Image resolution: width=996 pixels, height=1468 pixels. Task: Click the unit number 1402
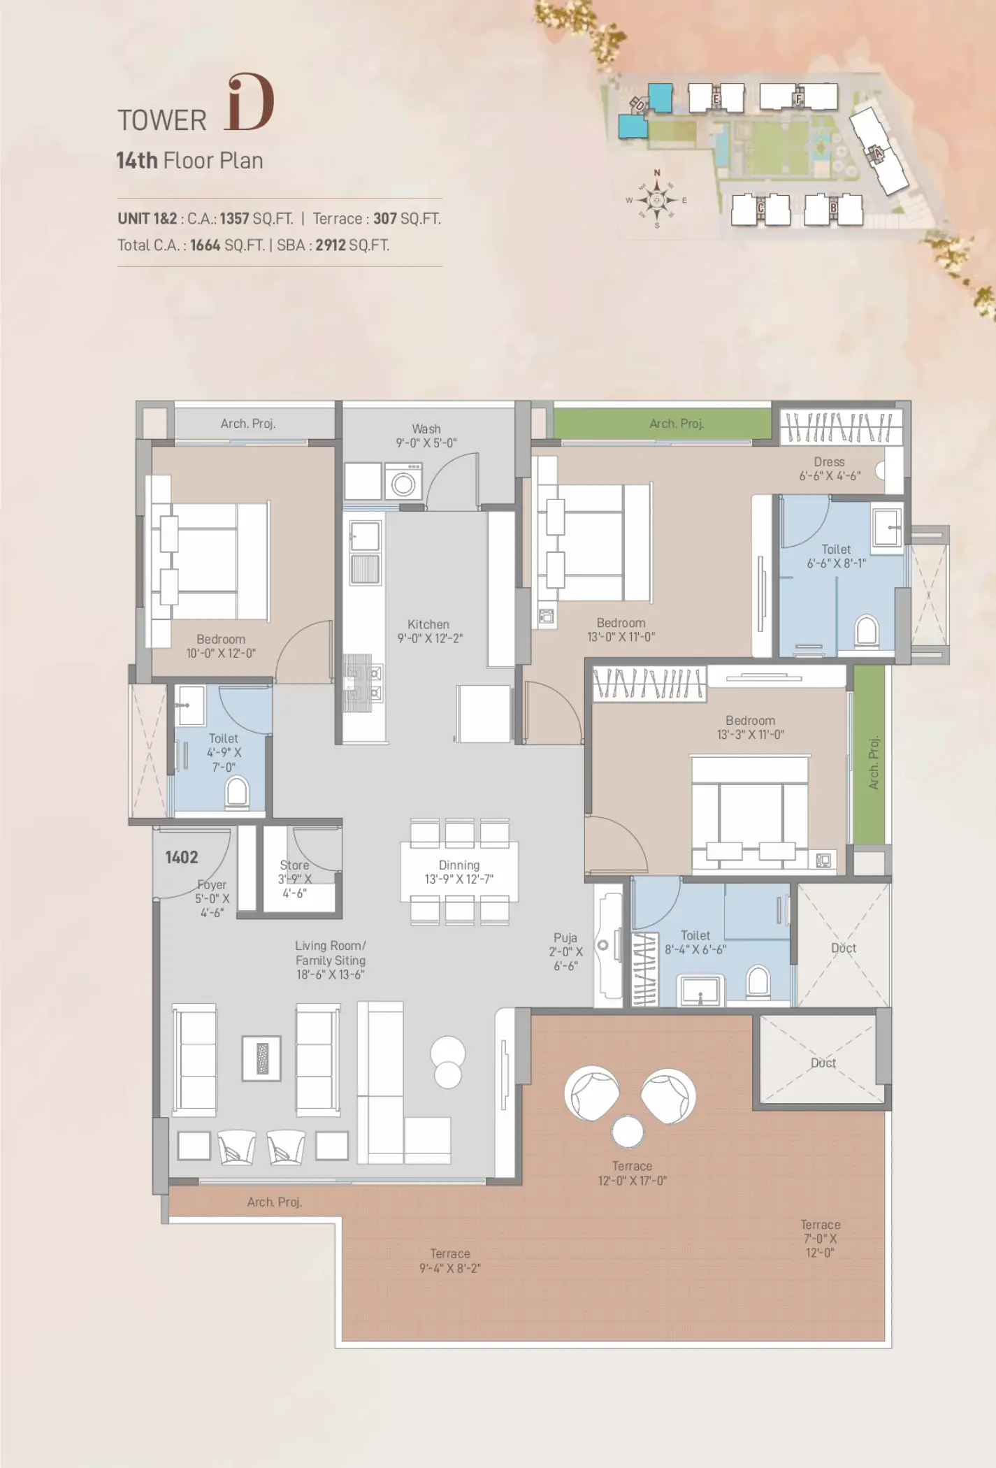(x=181, y=857)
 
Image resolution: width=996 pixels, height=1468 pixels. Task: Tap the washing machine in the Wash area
(x=403, y=482)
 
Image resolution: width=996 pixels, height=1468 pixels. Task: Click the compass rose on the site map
(x=656, y=200)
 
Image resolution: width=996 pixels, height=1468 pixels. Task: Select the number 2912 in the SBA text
(x=331, y=245)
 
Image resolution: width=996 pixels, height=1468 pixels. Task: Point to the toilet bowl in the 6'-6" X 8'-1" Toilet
(x=866, y=631)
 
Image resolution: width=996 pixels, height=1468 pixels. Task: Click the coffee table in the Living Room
(x=262, y=1058)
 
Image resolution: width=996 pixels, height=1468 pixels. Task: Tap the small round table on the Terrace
(x=628, y=1130)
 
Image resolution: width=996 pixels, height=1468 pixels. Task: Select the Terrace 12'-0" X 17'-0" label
(x=633, y=1173)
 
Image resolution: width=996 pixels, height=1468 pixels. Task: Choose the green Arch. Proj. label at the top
(x=677, y=423)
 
